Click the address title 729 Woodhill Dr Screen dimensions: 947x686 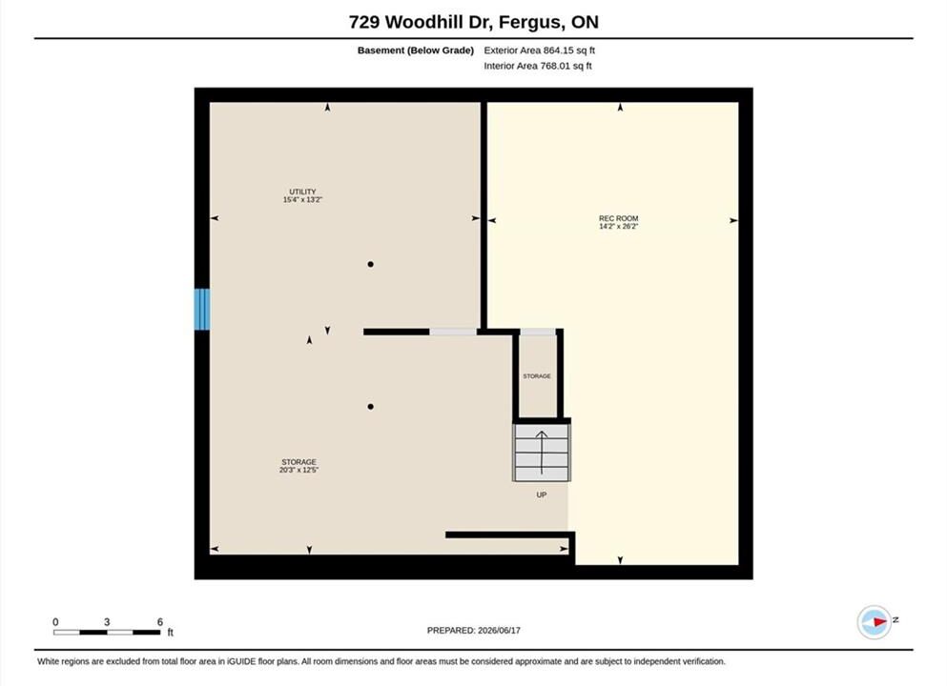[x=422, y=22]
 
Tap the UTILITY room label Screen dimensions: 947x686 [x=302, y=192]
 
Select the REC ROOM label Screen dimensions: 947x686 [x=618, y=218]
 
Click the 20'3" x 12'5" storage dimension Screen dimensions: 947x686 [x=299, y=470]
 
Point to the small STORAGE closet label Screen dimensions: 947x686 [x=537, y=376]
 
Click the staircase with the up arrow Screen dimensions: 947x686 [x=541, y=453]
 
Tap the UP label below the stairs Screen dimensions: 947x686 [x=541, y=494]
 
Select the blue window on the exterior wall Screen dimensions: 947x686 [x=202, y=310]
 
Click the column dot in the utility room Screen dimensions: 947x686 [x=370, y=264]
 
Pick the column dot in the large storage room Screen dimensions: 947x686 [x=370, y=407]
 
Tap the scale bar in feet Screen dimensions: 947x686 [x=107, y=633]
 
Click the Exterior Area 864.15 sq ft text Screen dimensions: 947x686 [x=540, y=50]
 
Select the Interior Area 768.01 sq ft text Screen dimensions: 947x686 [x=538, y=66]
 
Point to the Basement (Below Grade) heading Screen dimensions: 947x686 [x=416, y=50]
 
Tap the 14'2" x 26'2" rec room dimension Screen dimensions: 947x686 [x=618, y=226]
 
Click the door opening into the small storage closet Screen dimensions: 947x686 [x=538, y=332]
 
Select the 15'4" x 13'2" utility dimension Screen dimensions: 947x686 [x=302, y=200]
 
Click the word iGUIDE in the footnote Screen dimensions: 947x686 [x=241, y=661]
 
